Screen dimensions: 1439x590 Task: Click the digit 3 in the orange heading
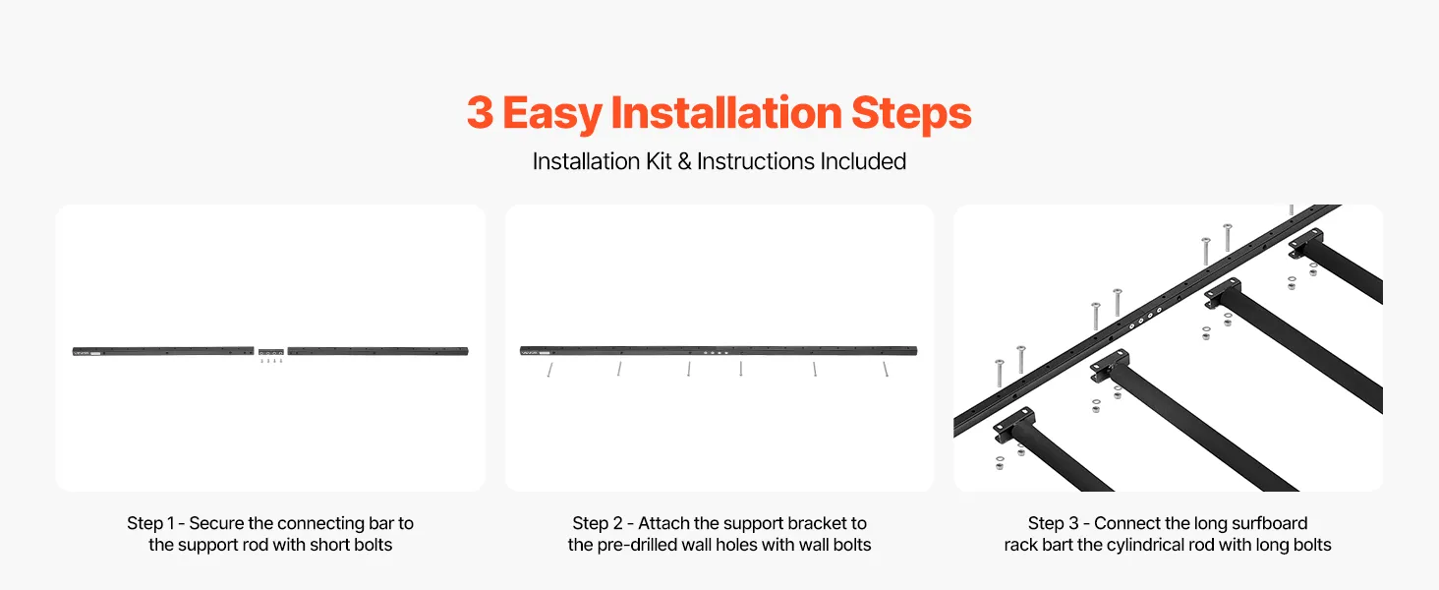(480, 112)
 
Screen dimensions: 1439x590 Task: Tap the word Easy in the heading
(552, 114)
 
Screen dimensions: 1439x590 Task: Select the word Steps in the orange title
(911, 114)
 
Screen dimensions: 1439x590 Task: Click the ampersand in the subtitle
(684, 161)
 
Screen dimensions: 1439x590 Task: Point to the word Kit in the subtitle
(659, 161)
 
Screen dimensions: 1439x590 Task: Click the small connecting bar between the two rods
(270, 352)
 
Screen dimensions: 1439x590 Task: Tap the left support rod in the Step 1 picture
(163, 351)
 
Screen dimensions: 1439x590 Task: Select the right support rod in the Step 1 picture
(377, 351)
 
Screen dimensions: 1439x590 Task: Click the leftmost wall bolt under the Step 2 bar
(549, 370)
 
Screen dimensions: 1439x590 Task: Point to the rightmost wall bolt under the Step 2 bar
(886, 369)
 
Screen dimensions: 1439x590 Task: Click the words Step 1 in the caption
(150, 523)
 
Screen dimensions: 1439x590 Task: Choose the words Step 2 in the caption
(598, 523)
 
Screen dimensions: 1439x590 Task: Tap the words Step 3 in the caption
(1054, 523)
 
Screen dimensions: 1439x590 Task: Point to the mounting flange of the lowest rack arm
(1013, 424)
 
